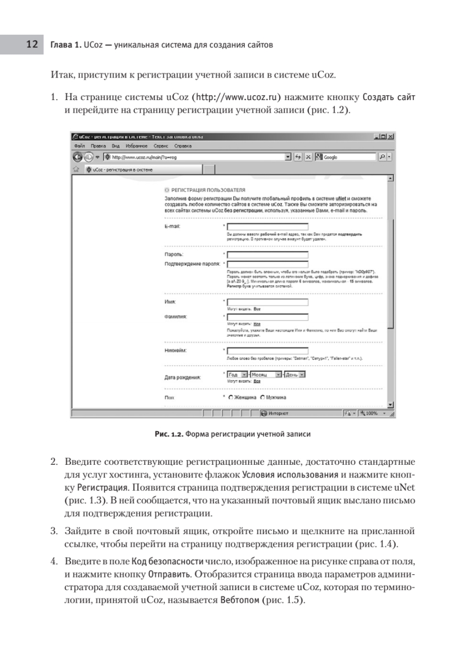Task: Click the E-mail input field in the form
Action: pyautogui.click(x=268, y=227)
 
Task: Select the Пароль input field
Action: pyautogui.click(x=268, y=255)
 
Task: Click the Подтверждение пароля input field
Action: pyautogui.click(x=268, y=264)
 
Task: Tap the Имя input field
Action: pyautogui.click(x=268, y=302)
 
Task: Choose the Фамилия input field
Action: pyautogui.click(x=268, y=317)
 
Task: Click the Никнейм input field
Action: pyautogui.click(x=268, y=351)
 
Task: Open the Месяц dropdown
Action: pyautogui.click(x=278, y=375)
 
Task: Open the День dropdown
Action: pyautogui.click(x=302, y=375)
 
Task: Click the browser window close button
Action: pyautogui.click(x=390, y=136)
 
